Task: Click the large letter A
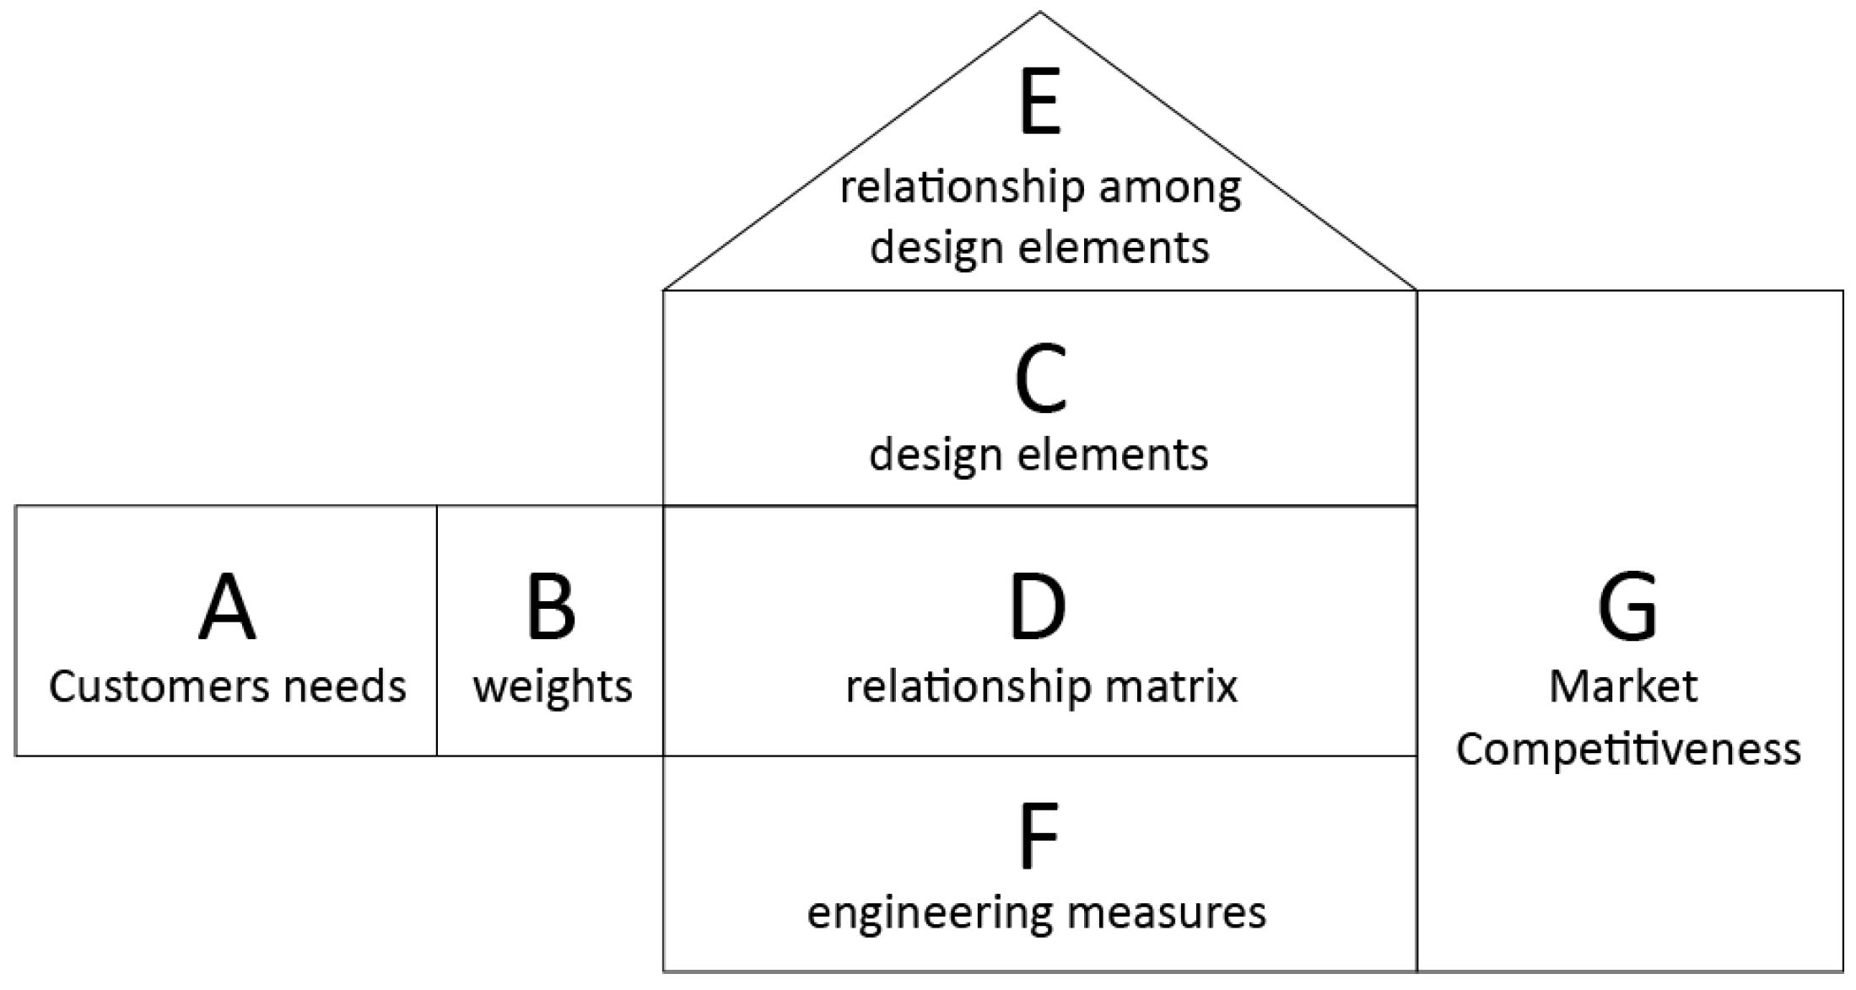tap(227, 607)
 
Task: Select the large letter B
tap(551, 607)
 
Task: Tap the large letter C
tap(1040, 380)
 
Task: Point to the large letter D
tap(1038, 607)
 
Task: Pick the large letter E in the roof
tap(1040, 105)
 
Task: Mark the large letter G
tap(1627, 607)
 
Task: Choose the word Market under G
tap(1623, 686)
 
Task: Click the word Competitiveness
tap(1628, 750)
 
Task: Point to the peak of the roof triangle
tap(1040, 12)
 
